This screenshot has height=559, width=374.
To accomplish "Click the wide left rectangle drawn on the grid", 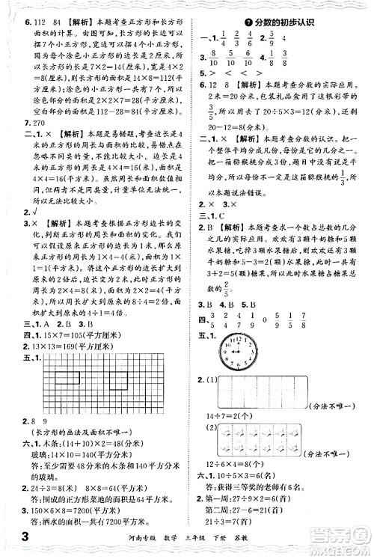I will point(67,378).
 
